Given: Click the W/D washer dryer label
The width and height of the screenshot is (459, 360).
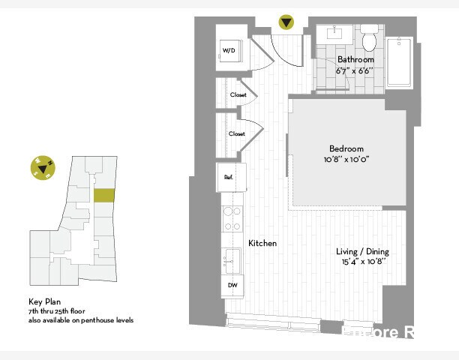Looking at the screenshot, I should pos(228,51).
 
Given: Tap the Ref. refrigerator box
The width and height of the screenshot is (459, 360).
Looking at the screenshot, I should pos(228,177).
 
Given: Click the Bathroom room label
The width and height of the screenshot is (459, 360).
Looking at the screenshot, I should pos(355,59).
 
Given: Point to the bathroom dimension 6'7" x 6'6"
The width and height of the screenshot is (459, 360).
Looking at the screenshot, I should pos(355,70).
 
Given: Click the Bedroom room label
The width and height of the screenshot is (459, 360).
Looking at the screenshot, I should pos(346,148).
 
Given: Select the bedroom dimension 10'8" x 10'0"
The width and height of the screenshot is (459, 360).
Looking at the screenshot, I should pos(346,159).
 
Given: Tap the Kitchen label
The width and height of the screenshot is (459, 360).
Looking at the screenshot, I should pos(262,244).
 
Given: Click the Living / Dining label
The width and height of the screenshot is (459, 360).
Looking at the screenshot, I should pos(362,251).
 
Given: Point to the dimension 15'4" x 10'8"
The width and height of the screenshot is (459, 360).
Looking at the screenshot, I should pos(362,262).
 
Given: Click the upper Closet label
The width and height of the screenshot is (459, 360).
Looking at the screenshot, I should pos(238,95).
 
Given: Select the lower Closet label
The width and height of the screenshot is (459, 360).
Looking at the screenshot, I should pos(237,133).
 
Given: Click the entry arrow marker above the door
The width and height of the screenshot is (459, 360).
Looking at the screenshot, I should pos(286,22).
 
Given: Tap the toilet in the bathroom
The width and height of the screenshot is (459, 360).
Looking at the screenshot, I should pos(369,37).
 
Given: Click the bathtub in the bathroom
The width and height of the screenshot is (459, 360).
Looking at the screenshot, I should pos(399,63).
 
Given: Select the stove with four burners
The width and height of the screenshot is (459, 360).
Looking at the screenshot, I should pos(232,218).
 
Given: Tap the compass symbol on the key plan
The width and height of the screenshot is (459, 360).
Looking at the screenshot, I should pos(43,169).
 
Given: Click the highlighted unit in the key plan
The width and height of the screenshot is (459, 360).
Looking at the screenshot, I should pos(104,195).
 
